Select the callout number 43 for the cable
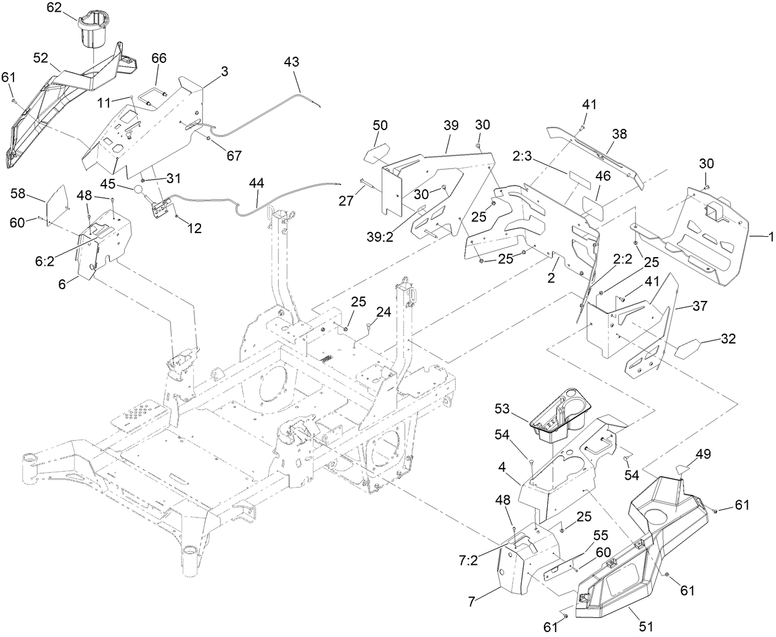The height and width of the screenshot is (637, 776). (292, 62)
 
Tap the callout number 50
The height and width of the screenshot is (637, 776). (380, 126)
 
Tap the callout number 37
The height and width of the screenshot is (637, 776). (690, 306)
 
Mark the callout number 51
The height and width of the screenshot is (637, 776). (646, 627)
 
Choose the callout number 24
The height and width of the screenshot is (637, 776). (384, 312)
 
